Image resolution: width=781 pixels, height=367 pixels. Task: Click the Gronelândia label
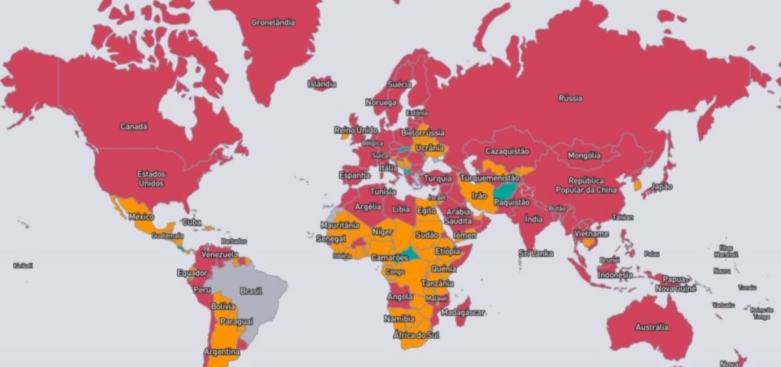(273, 22)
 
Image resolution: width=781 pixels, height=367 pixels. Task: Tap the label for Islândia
(322, 84)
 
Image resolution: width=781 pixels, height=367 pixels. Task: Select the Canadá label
(134, 126)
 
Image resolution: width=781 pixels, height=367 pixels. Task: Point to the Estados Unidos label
(151, 179)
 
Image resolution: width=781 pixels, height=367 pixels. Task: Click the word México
(142, 216)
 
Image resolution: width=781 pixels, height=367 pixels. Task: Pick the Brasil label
(251, 291)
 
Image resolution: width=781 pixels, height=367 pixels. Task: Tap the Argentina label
(222, 351)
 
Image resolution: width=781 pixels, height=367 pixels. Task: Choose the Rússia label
(570, 98)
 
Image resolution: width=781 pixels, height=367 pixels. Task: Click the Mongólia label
(584, 156)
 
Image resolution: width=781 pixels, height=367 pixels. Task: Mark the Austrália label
(652, 327)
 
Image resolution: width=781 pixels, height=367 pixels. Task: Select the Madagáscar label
(463, 312)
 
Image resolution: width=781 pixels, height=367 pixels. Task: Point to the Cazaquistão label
(507, 151)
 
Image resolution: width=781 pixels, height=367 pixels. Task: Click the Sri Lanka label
(536, 253)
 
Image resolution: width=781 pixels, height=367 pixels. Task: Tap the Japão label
(660, 186)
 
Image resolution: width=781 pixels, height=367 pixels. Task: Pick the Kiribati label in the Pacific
(23, 265)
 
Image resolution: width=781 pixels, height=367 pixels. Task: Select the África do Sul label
(416, 335)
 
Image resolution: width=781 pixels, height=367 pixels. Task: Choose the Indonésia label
(615, 275)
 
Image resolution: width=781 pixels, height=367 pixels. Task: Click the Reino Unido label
(356, 130)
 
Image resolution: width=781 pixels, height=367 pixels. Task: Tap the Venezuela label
(220, 254)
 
